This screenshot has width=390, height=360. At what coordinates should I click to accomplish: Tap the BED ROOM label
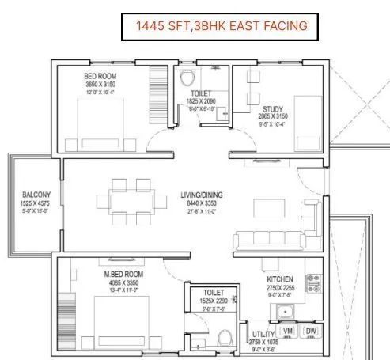tap(100, 77)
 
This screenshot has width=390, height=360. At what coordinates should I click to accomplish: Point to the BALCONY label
tap(36, 195)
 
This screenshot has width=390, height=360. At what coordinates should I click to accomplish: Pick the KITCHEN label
tap(281, 279)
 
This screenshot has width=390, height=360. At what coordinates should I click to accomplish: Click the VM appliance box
tap(287, 330)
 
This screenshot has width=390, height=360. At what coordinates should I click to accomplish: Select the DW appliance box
tap(310, 330)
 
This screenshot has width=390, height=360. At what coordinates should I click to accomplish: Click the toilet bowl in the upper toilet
tap(186, 80)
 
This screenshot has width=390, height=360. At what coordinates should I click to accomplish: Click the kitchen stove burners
tap(312, 283)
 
